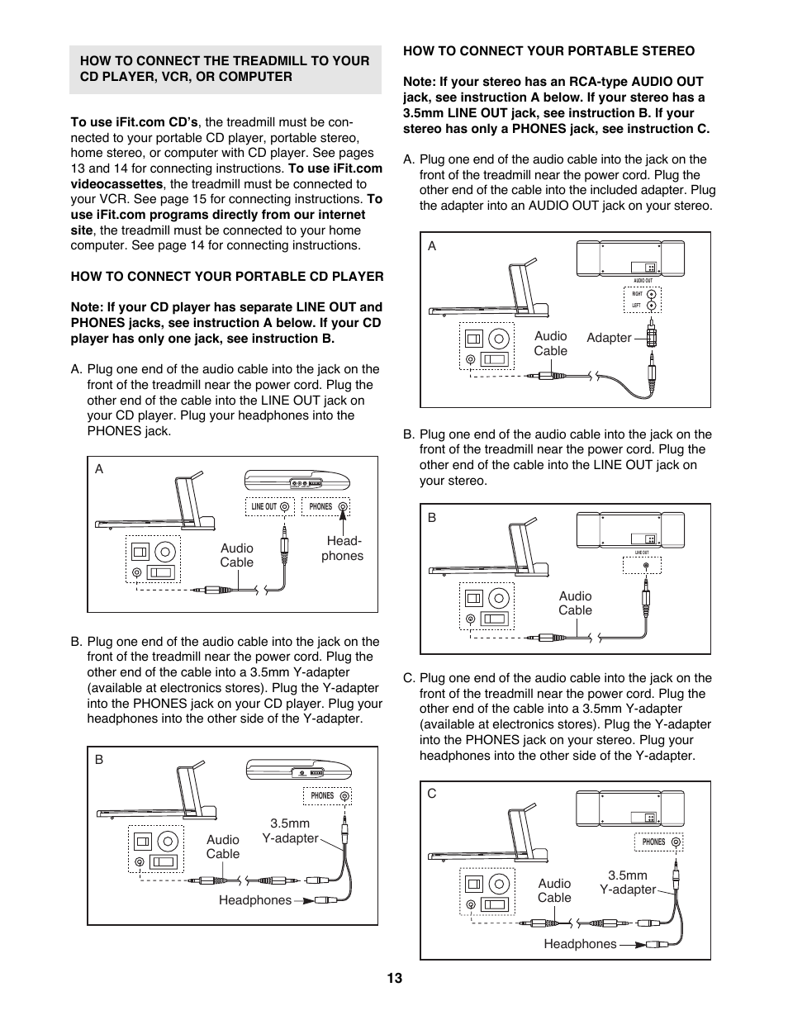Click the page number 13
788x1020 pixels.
394,978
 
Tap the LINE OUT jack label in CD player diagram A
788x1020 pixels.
264,507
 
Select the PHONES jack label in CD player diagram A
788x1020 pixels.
320,507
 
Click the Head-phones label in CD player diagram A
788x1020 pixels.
342,548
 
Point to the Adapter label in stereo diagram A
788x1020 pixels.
609,338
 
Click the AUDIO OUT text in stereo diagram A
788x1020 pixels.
643,281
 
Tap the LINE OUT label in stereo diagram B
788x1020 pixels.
642,553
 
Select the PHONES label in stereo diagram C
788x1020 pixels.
653,842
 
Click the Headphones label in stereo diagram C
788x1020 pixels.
580,944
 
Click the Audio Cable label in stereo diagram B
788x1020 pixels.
575,603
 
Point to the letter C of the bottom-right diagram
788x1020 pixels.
431,794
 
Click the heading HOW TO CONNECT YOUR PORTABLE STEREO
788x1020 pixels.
548,51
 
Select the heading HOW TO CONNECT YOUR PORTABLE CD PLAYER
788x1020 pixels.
227,277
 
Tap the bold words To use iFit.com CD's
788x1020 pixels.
135,122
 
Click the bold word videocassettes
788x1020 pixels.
116,184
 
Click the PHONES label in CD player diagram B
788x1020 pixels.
322,796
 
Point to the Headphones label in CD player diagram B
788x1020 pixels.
254,900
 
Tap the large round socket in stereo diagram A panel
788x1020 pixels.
499,339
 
